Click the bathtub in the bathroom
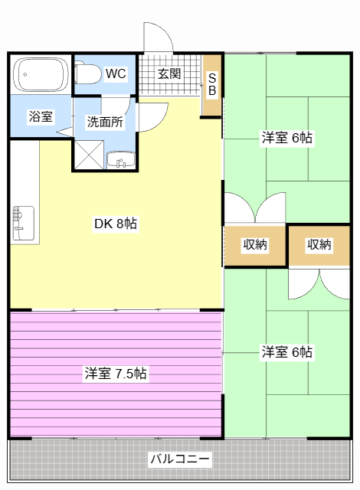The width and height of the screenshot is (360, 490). tap(41, 74)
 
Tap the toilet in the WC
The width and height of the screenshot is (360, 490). tap(88, 73)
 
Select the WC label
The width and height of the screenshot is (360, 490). tap(116, 73)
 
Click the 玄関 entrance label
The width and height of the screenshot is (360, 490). tap(169, 73)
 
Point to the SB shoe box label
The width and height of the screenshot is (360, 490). tap(213, 84)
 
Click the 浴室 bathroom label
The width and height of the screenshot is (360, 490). tap(41, 117)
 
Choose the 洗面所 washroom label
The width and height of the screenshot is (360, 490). tap(104, 120)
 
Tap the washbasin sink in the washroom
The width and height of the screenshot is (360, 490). tap(119, 159)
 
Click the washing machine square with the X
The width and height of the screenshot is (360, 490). tap(88, 153)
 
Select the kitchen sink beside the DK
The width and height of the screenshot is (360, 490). tap(23, 222)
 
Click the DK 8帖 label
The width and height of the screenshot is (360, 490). tap(116, 224)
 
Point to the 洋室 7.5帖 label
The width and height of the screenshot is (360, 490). tap(116, 374)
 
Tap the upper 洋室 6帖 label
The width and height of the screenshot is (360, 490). tap(286, 138)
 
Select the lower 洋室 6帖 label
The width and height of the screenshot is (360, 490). tap(286, 352)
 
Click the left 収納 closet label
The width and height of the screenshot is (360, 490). tap(255, 245)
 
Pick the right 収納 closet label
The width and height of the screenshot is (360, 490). tap(319, 245)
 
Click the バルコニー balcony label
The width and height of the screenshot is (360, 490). tap(180, 459)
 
